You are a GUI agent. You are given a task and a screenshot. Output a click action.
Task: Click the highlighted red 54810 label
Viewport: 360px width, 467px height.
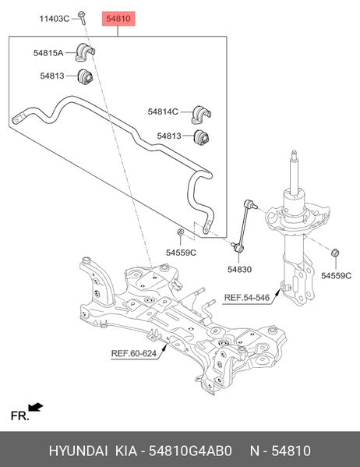pyautogui.click(x=118, y=19)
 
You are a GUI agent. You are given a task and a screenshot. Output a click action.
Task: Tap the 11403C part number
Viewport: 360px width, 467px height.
pyautogui.click(x=55, y=19)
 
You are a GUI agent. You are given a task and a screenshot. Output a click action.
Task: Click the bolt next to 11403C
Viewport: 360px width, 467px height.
pyautogui.click(x=82, y=18)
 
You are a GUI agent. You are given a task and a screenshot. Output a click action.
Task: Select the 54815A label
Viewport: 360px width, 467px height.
pyautogui.click(x=48, y=53)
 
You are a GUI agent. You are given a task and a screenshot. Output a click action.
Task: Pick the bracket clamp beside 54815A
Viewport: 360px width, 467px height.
pyautogui.click(x=85, y=52)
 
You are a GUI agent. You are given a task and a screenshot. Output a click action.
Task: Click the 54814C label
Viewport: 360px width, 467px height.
pyautogui.click(x=163, y=111)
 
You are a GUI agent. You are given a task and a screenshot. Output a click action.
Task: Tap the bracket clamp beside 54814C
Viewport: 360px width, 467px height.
pyautogui.click(x=201, y=115)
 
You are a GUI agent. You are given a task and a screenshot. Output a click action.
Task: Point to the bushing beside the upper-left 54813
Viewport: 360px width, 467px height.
pyautogui.click(x=85, y=76)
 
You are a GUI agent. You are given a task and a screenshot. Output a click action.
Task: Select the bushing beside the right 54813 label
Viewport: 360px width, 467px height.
pyautogui.click(x=201, y=136)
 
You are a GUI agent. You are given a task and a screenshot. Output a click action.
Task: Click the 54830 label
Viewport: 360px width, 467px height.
pyautogui.click(x=239, y=270)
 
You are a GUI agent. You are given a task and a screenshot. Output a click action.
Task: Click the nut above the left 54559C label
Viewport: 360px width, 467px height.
pyautogui.click(x=180, y=232)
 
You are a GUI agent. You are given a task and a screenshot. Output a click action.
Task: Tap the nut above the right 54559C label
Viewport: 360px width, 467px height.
pyautogui.click(x=336, y=253)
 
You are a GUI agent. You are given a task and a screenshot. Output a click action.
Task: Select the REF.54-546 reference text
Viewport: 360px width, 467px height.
pyautogui.click(x=247, y=298)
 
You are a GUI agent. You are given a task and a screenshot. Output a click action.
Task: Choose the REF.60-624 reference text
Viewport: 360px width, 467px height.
pyautogui.click(x=134, y=353)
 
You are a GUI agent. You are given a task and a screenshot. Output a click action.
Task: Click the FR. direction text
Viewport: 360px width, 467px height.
pyautogui.click(x=20, y=416)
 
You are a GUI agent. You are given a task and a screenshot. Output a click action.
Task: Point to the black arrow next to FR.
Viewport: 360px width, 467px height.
pyautogui.click(x=35, y=407)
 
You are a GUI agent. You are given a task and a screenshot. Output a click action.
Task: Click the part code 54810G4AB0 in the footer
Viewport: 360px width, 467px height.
pyautogui.click(x=190, y=451)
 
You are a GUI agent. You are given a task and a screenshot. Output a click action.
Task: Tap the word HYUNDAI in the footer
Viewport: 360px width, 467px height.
pyautogui.click(x=79, y=451)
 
